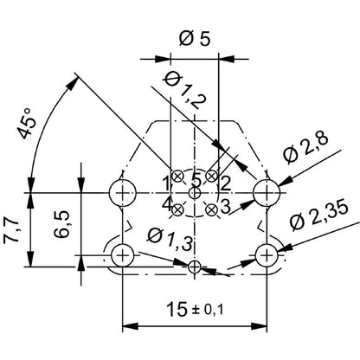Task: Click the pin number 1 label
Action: [165, 183]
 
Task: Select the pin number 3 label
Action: [224, 206]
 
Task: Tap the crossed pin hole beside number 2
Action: [212, 177]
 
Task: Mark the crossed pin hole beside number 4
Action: [177, 209]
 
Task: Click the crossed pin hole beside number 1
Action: [177, 177]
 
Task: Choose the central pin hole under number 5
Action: [195, 193]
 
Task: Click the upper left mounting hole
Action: [123, 190]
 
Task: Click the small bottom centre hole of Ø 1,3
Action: [195, 266]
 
